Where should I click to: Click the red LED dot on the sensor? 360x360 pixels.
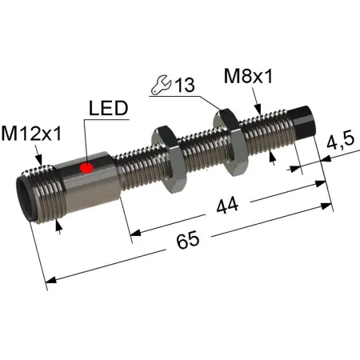pos(86,168)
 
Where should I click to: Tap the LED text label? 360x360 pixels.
pos(109,108)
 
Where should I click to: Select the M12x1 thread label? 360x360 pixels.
pos(31,134)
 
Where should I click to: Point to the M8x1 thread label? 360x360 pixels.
pos(248,76)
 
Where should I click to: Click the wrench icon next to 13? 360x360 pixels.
pos(161,85)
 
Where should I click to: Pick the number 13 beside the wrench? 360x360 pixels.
pos(185,85)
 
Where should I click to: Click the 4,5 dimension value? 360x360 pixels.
pos(341,141)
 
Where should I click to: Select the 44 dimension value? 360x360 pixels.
pos(227,206)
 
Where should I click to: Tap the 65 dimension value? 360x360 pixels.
pos(188,240)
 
